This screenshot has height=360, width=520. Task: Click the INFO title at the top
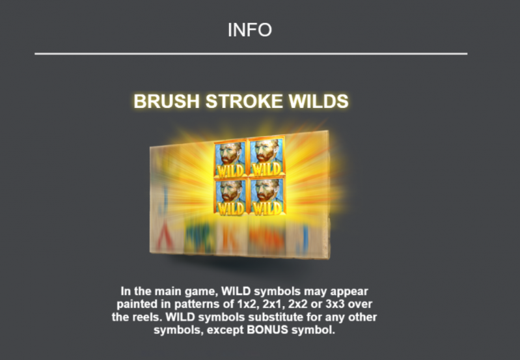(250, 30)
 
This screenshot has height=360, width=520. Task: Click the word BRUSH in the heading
(167, 101)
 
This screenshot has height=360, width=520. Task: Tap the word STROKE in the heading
(244, 101)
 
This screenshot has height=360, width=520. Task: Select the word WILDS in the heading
(318, 101)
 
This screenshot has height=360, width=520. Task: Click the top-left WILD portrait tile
(230, 159)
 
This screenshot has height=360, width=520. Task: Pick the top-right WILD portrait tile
(267, 156)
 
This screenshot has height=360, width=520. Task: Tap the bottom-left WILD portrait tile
(230, 197)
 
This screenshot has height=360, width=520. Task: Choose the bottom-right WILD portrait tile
(267, 196)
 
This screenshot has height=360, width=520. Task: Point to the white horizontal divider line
(251, 53)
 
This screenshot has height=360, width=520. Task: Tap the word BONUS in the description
(267, 330)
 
